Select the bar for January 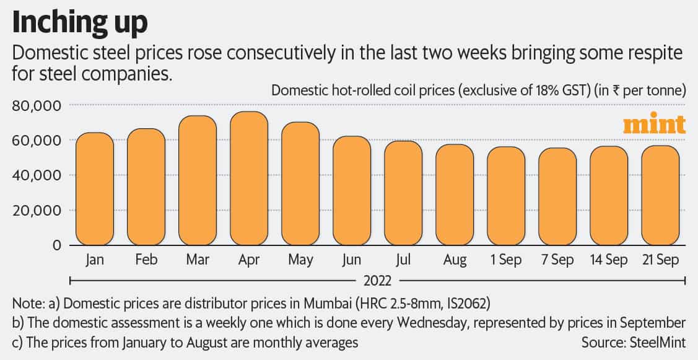pyautogui.click(x=94, y=189)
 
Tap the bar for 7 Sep pyautogui.click(x=557, y=196)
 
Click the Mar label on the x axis pyautogui.click(x=197, y=260)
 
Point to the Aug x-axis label pyautogui.click(x=455, y=260)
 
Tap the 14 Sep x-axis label pyautogui.click(x=608, y=260)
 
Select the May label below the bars pyautogui.click(x=300, y=260)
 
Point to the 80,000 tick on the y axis pyautogui.click(x=37, y=106)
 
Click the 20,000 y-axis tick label pyautogui.click(x=37, y=211)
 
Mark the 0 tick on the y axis pyautogui.click(x=56, y=245)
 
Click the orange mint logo pyautogui.click(x=654, y=125)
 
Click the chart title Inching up pyautogui.click(x=81, y=22)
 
